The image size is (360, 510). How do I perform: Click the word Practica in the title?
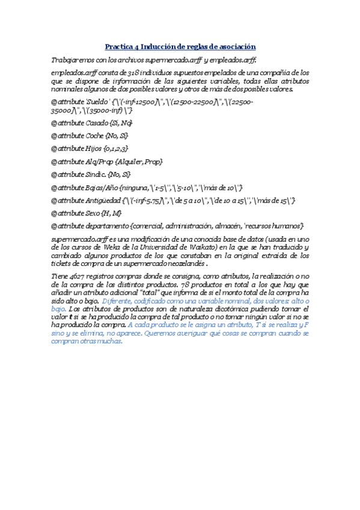[118, 46]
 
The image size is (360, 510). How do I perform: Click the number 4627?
[72, 276]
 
